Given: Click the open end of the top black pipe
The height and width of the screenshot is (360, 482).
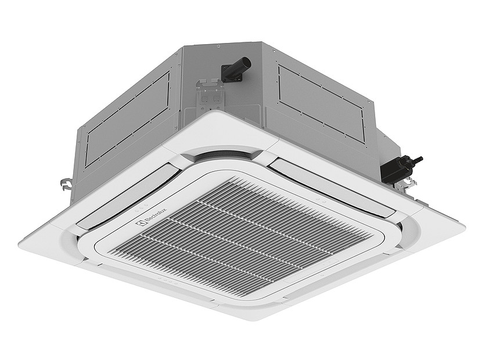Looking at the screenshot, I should (247, 61).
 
